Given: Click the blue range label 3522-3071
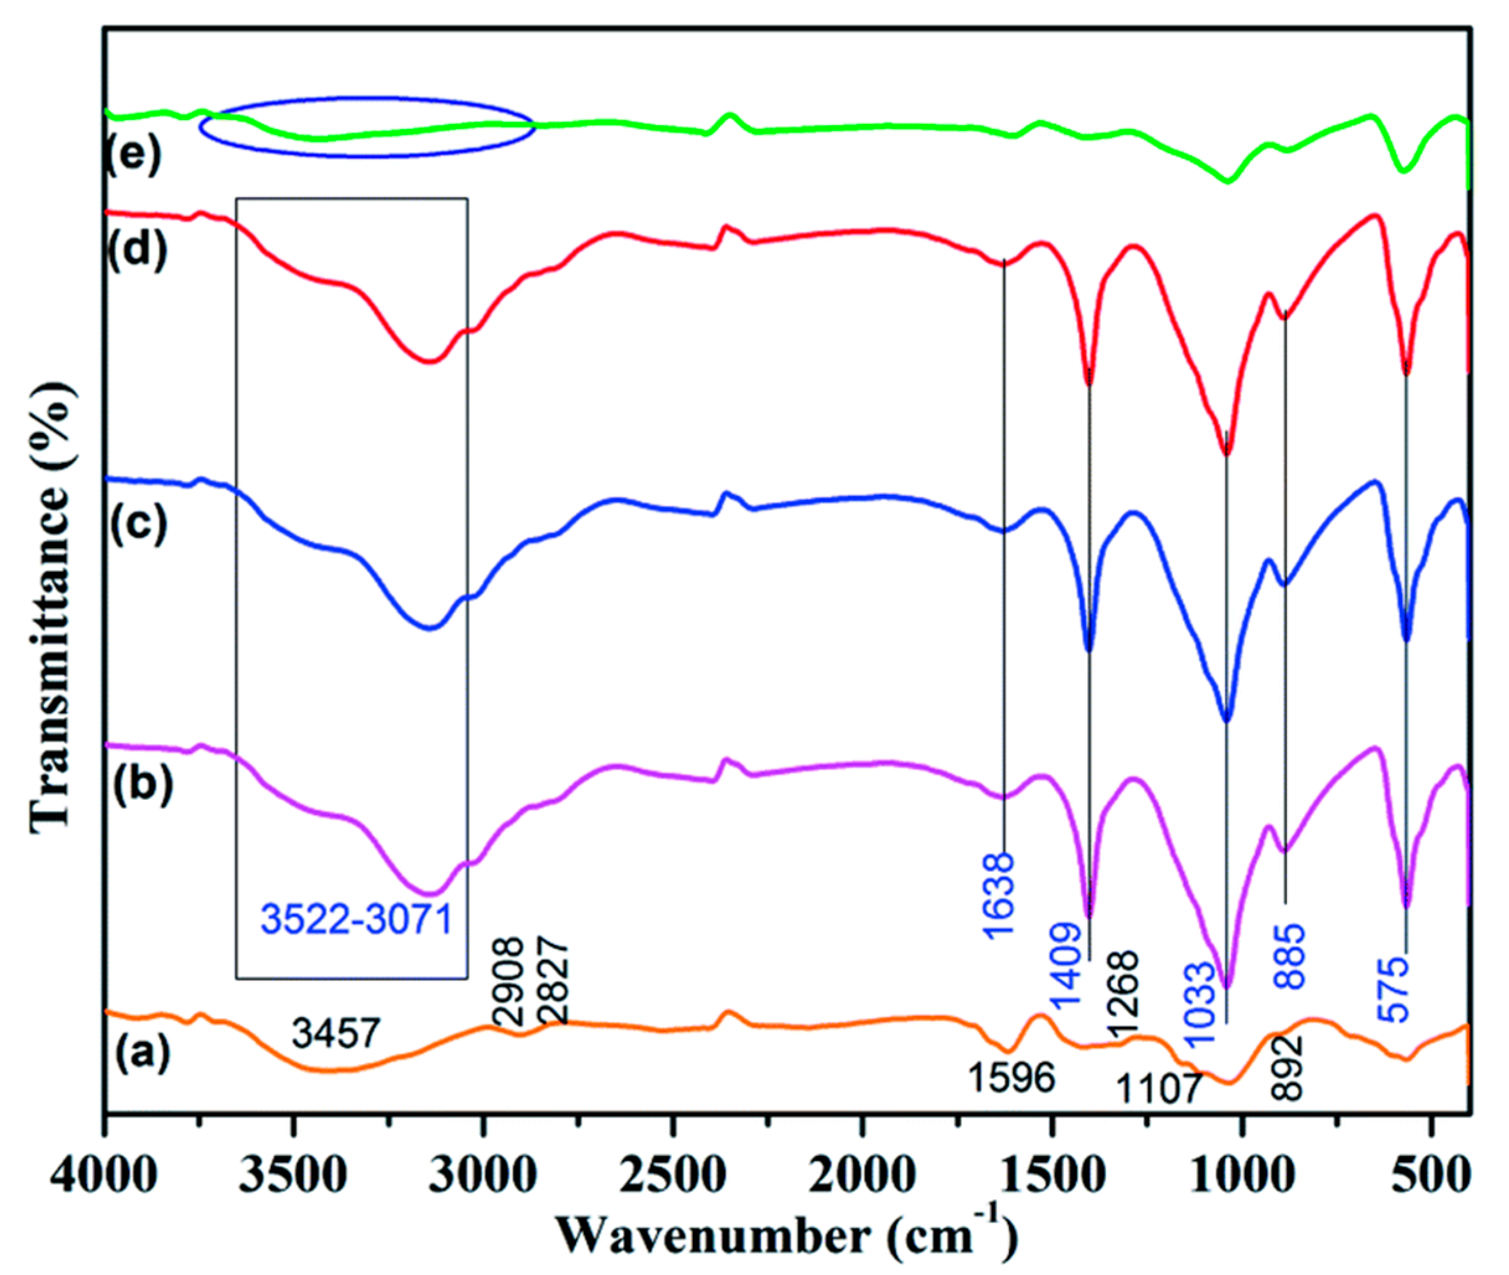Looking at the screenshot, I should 355,920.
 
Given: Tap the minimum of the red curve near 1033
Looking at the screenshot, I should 1226,453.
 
